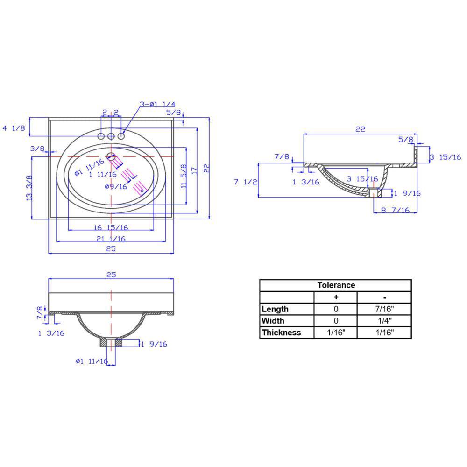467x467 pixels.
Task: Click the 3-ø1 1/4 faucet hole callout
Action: click(157, 104)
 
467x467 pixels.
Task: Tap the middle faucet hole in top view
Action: click(111, 136)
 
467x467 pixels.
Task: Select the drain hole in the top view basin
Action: click(111, 156)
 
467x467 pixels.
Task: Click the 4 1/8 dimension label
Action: click(14, 128)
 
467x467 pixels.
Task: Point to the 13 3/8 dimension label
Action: click(29, 188)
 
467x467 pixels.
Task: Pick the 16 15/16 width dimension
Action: click(111, 228)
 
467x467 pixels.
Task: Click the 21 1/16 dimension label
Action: click(111, 239)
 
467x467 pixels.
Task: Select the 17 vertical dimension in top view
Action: click(194, 170)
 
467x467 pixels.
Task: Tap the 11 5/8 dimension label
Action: click(184, 177)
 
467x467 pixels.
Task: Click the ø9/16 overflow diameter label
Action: click(116, 187)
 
